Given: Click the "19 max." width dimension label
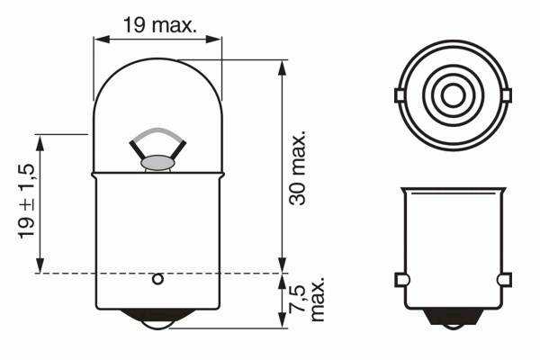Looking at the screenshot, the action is (160, 25).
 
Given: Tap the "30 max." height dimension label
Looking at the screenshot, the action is (298, 168).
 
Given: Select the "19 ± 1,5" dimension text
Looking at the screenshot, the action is (27, 202).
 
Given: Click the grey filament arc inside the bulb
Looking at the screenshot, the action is (158, 130).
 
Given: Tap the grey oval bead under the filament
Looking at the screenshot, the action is (157, 162).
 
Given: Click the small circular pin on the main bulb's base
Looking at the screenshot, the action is (157, 279).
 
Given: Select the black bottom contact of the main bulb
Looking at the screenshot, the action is (157, 318).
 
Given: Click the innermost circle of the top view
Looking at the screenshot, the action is (453, 95).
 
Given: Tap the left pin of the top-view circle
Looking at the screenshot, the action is (399, 95).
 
